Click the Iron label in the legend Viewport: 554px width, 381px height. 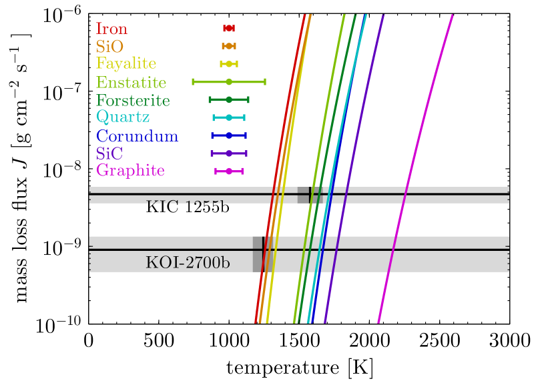coord(111,29)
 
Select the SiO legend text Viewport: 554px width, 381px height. coord(109,47)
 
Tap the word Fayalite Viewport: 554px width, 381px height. coord(126,64)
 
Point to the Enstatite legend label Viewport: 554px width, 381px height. coord(131,83)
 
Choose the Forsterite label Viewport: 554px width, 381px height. coord(133,101)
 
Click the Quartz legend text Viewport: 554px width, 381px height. coord(123,117)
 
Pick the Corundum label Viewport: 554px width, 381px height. coord(137,136)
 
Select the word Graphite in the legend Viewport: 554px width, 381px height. coord(130,171)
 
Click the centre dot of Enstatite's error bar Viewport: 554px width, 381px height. coord(229,81)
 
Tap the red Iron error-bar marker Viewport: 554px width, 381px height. coord(229,28)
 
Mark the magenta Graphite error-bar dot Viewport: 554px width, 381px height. coord(229,171)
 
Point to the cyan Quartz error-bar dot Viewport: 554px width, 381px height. coord(229,117)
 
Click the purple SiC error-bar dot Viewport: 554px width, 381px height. coord(229,153)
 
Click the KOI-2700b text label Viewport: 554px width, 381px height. coord(188,262)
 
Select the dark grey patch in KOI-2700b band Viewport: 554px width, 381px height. coord(258,254)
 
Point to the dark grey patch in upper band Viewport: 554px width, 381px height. coord(304,195)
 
